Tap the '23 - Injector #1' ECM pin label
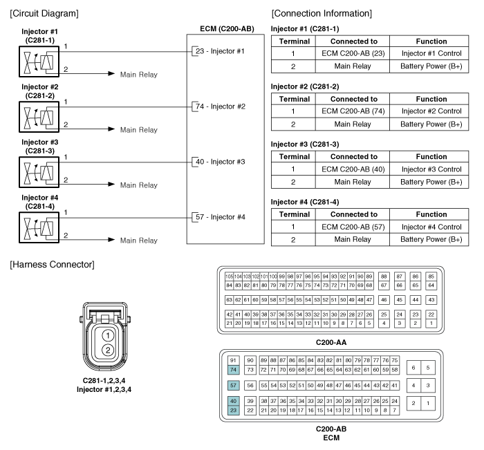coord(220,51)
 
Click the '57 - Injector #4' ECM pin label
coord(221,217)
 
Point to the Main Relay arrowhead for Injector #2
coord(111,129)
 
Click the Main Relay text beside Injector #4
coord(139,240)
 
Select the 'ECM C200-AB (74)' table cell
coord(353,111)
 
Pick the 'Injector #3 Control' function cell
coord(431,169)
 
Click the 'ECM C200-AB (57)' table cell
coord(353,227)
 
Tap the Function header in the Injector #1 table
coord(431,41)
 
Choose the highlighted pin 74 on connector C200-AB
coord(234,369)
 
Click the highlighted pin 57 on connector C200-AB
coord(234,385)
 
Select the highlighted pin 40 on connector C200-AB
coord(234,401)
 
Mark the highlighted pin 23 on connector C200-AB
coord(234,410)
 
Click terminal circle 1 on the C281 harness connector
coord(108,335)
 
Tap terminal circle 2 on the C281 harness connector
coord(108,350)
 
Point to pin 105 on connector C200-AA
coord(229,276)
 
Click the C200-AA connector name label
coord(331,342)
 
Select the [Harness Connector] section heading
coord(52,265)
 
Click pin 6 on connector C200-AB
coord(413,368)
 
